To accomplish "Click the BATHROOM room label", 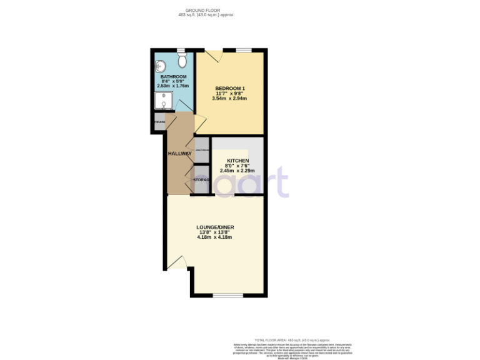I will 174,77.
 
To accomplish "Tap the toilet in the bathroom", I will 182,61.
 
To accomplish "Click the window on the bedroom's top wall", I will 244,50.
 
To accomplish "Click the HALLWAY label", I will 179,153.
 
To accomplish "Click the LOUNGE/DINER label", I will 214,227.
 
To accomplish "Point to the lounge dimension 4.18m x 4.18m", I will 214,237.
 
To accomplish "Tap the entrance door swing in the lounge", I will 179,262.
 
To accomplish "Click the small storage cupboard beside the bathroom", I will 159,122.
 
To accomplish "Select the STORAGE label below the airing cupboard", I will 201,180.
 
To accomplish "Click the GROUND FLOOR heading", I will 206,9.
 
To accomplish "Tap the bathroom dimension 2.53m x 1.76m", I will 174,87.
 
